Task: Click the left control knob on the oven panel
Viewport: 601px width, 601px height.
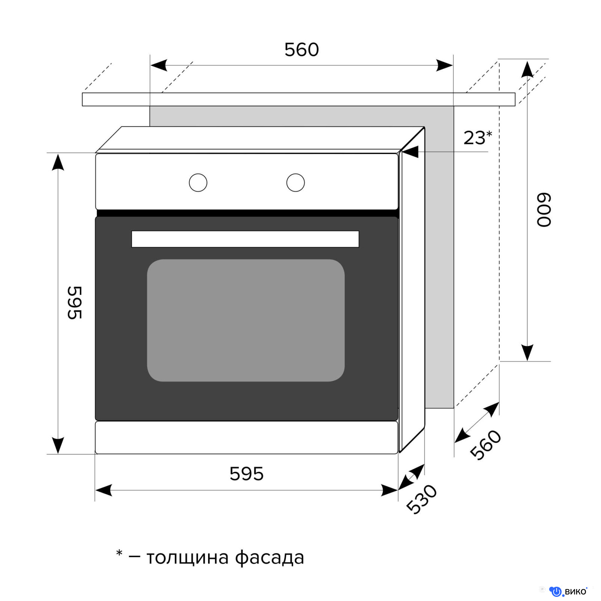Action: pyautogui.click(x=198, y=183)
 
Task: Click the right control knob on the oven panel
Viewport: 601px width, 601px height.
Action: pyautogui.click(x=296, y=183)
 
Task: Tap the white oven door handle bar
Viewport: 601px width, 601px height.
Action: pyautogui.click(x=245, y=239)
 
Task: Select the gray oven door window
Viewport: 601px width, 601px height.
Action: pyautogui.click(x=246, y=320)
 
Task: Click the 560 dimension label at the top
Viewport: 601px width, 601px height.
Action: pyautogui.click(x=302, y=50)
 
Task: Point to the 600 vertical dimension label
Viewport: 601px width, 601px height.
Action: pyautogui.click(x=544, y=210)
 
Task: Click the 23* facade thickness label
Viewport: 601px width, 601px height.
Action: pyautogui.click(x=477, y=137)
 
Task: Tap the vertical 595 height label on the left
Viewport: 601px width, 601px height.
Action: pyautogui.click(x=74, y=303)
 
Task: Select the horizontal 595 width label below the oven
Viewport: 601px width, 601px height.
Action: pyautogui.click(x=246, y=474)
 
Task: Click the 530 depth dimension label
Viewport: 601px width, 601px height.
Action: pyautogui.click(x=422, y=499)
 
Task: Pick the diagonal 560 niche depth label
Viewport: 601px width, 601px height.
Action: pyautogui.click(x=486, y=445)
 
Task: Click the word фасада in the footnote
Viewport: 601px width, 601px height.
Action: pyautogui.click(x=269, y=557)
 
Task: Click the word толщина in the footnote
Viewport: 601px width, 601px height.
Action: pyautogui.click(x=187, y=558)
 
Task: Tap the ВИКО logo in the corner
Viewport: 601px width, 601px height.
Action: pyautogui.click(x=568, y=592)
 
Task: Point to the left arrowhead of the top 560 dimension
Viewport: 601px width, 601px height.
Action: pyautogui.click(x=159, y=65)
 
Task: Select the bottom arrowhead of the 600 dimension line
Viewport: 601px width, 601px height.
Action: pyautogui.click(x=527, y=353)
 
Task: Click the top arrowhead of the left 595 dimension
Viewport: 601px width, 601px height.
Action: pyautogui.click(x=58, y=162)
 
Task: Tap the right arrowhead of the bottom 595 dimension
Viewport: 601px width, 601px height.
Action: pyautogui.click(x=390, y=490)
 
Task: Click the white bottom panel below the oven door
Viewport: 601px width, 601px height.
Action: pyautogui.click(x=246, y=438)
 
